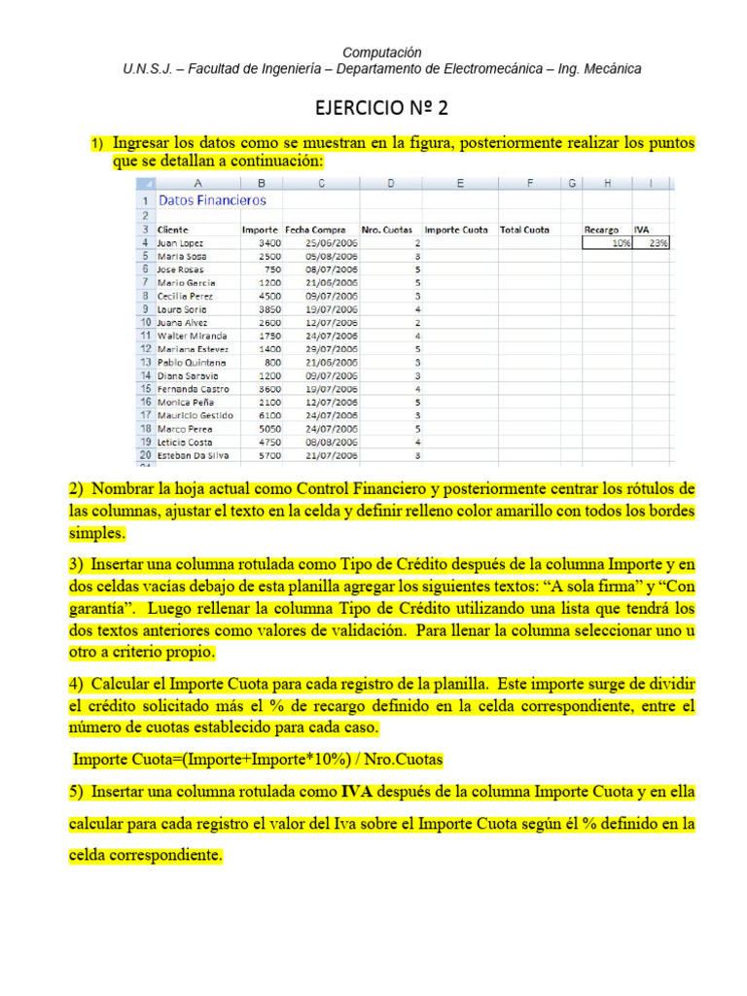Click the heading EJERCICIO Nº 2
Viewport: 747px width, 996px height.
point(381,107)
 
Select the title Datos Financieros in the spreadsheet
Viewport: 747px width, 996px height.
point(212,200)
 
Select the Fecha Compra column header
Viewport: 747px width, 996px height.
point(315,230)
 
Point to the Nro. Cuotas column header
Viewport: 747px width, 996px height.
point(386,230)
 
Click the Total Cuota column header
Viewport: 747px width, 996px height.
point(524,230)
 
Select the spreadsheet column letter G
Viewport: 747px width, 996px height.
point(572,183)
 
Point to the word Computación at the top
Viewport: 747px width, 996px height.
point(381,52)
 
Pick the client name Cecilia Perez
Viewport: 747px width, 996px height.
point(186,296)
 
